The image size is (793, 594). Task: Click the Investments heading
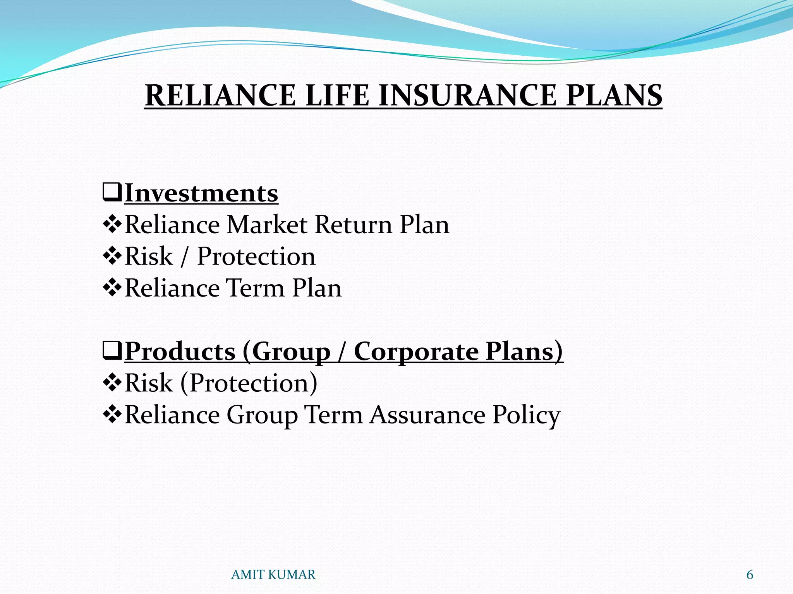point(201,193)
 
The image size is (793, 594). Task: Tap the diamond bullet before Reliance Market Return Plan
point(112,225)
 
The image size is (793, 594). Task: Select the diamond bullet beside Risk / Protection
point(112,256)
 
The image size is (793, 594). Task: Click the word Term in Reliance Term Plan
point(256,288)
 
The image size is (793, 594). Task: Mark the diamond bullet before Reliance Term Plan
point(112,288)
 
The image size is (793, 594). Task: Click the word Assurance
point(427,415)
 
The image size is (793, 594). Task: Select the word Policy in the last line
point(526,415)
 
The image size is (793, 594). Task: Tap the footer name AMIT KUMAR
point(273,575)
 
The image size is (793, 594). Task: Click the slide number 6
point(750,575)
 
